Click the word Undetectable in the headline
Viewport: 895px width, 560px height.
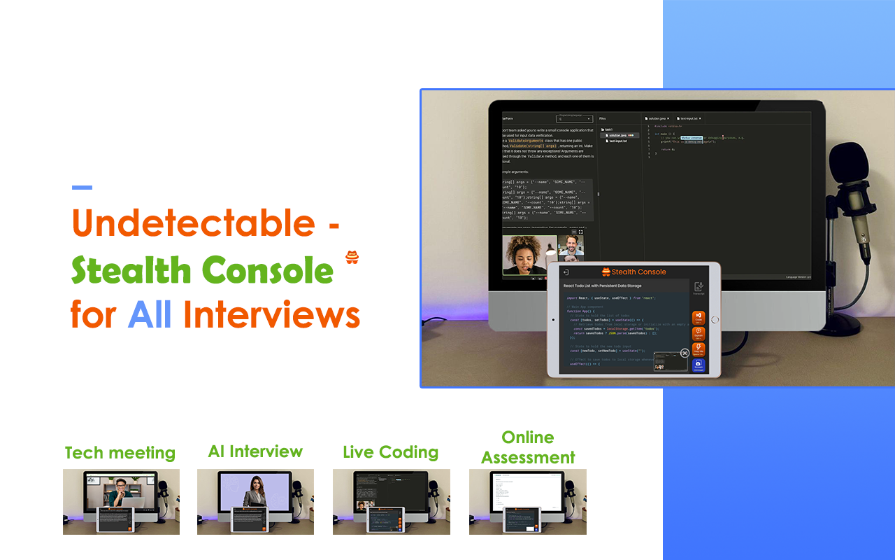pos(193,223)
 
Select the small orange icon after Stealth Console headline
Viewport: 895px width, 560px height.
pos(352,258)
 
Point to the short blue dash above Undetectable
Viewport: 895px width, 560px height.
pos(82,187)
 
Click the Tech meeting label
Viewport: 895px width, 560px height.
pos(120,453)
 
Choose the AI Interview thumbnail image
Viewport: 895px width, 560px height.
pos(255,501)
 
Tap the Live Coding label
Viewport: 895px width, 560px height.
pos(390,452)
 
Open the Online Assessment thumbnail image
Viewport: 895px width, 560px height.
pos(527,501)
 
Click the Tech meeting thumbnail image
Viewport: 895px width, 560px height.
pos(121,501)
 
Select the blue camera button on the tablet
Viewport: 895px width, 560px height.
pos(698,365)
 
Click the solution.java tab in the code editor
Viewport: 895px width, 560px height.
pos(657,118)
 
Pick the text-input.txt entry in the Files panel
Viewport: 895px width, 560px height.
pos(617,141)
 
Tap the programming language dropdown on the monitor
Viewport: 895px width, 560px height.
pos(574,119)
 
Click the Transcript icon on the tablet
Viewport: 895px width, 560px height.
pos(698,288)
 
